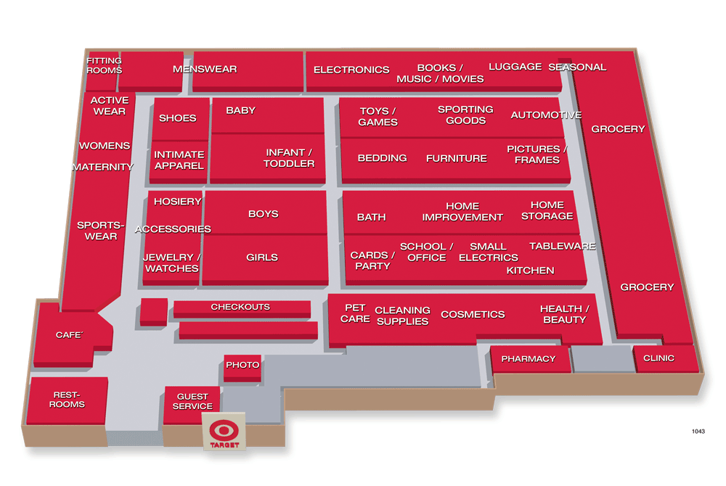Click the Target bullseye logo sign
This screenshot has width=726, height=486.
pos(224,432)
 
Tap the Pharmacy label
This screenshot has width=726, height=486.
pos(528,358)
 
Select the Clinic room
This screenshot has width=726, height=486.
pos(658,358)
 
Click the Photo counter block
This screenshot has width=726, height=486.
pos(242,365)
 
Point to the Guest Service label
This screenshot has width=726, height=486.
pos(192,401)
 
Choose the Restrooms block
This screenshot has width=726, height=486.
pos(67,400)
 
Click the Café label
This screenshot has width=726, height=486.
pos(70,335)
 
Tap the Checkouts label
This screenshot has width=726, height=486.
pos(240,307)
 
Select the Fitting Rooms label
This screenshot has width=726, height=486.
pos(104,65)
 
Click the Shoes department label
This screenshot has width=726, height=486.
pos(177,118)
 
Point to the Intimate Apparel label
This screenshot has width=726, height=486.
pos(179,160)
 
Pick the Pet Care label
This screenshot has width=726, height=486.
pos(355,313)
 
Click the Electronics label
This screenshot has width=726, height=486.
pos(351,70)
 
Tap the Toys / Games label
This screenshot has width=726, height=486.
pos(378,117)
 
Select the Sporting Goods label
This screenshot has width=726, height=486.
pos(465,115)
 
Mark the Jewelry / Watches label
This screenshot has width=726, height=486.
pos(171,263)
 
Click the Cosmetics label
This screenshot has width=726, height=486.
pos(473,314)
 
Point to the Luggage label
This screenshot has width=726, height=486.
pos(515,67)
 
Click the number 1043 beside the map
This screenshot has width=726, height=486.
pos(698,432)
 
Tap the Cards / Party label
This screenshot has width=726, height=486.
pos(372,260)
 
